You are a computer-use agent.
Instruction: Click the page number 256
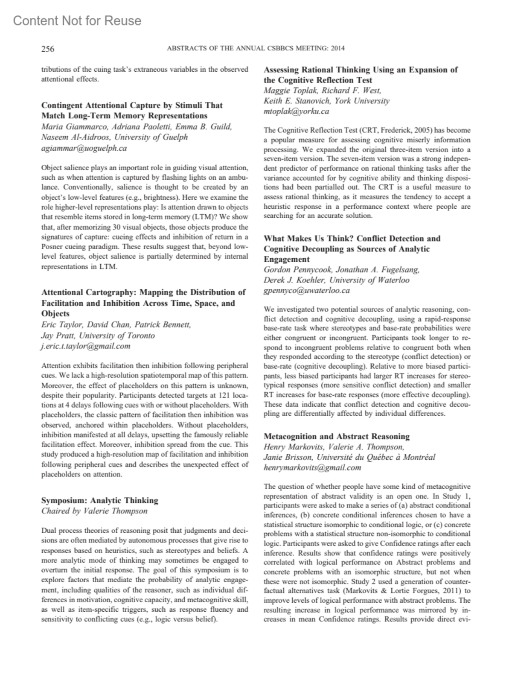click(48, 49)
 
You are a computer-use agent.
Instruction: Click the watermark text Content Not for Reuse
click(77, 21)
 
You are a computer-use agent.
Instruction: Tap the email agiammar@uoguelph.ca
click(84, 148)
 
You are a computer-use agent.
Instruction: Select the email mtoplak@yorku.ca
click(297, 111)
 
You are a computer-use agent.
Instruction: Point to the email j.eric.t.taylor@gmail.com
click(86, 346)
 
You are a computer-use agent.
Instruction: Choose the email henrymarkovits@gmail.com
click(312, 467)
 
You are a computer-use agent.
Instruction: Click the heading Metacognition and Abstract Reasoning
click(337, 436)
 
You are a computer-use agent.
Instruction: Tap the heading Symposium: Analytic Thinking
click(100, 500)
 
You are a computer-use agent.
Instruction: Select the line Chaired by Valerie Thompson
click(94, 511)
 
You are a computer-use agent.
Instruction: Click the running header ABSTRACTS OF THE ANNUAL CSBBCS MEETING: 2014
click(256, 49)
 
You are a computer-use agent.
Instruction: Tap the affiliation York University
click(362, 101)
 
